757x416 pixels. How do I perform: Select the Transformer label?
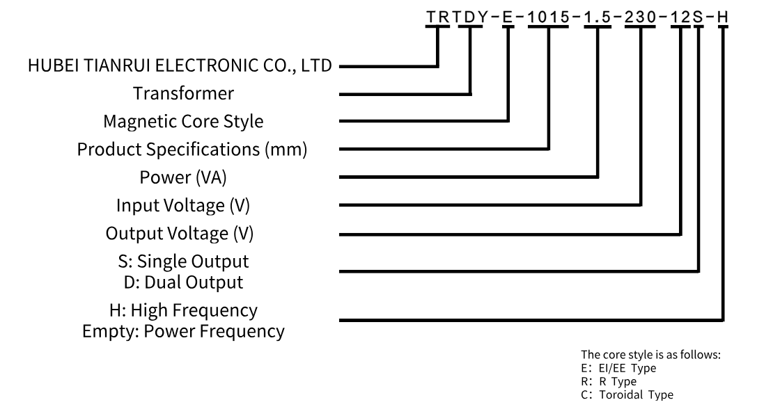[x=184, y=93]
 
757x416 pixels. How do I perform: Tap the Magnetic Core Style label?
[x=183, y=121]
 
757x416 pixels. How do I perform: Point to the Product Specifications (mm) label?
[x=192, y=149]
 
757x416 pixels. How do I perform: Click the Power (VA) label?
[x=184, y=177]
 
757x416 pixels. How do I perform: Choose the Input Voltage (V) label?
[x=183, y=206]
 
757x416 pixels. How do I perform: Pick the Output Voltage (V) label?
[x=180, y=234]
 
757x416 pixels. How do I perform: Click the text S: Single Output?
[x=184, y=262]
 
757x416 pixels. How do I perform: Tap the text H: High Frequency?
[x=185, y=310]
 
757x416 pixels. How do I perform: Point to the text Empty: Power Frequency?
[x=183, y=330]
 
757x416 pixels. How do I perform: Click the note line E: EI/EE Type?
[x=618, y=369]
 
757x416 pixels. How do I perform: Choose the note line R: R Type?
[x=609, y=382]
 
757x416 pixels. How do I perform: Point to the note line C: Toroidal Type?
[x=627, y=395]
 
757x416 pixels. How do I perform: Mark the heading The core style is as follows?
[x=650, y=355]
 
